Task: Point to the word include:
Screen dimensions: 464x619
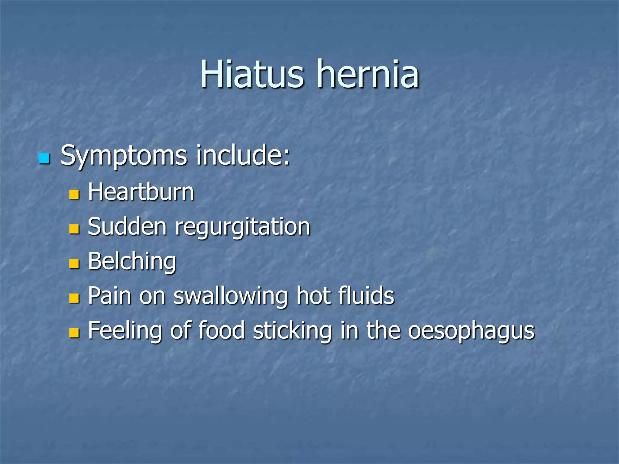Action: (x=243, y=155)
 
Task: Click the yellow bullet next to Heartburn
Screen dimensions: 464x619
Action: (x=74, y=194)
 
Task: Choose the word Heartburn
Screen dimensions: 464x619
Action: (x=141, y=192)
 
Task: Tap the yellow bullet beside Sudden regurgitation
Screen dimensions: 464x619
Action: (x=74, y=229)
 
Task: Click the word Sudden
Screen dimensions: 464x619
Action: (x=127, y=227)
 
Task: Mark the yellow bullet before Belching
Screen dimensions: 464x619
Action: (x=74, y=263)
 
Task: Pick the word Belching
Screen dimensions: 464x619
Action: (x=132, y=262)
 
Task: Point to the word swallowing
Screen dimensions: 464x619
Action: (x=231, y=297)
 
